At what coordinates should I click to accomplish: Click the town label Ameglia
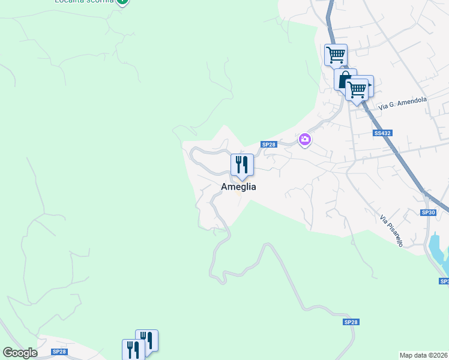[238, 187]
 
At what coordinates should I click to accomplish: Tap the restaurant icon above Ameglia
[242, 164]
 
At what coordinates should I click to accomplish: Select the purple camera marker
[305, 140]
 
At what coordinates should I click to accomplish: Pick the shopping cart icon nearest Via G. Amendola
[358, 90]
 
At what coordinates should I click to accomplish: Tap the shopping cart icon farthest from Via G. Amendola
[336, 55]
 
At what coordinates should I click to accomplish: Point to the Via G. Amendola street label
[403, 103]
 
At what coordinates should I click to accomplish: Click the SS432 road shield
[382, 133]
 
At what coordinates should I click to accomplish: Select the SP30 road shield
[427, 212]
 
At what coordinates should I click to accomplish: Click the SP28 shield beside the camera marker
[268, 145]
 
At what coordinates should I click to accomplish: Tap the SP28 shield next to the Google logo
[59, 352]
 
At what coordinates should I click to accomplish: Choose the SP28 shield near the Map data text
[351, 322]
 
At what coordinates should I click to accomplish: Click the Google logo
[20, 353]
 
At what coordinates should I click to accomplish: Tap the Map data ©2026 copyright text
[424, 355]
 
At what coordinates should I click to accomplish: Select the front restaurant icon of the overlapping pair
[133, 350]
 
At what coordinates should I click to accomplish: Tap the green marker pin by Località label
[122, 2]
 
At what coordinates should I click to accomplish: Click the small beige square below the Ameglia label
[238, 194]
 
